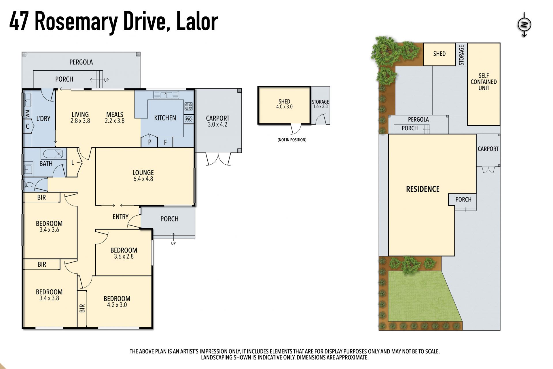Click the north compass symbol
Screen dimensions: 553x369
(524, 25)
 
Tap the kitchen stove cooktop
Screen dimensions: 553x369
(189, 106)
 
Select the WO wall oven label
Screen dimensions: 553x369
(189, 119)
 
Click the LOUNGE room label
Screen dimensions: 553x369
(143, 173)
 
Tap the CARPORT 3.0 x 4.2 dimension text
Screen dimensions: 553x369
(217, 125)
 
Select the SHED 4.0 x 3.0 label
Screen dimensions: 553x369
(284, 104)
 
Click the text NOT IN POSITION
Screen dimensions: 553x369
(292, 140)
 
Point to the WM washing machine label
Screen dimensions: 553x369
(28, 114)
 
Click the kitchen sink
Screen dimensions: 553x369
(166, 95)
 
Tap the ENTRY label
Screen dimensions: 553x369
(120, 217)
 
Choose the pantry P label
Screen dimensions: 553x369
(150, 142)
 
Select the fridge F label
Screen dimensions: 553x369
(165, 142)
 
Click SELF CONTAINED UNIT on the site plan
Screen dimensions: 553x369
(484, 82)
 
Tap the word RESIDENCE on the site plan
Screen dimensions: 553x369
(423, 189)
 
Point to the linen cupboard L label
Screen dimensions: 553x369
(73, 163)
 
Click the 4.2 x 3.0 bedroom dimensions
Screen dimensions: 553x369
(117, 305)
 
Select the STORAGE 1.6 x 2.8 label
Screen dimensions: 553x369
(320, 104)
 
